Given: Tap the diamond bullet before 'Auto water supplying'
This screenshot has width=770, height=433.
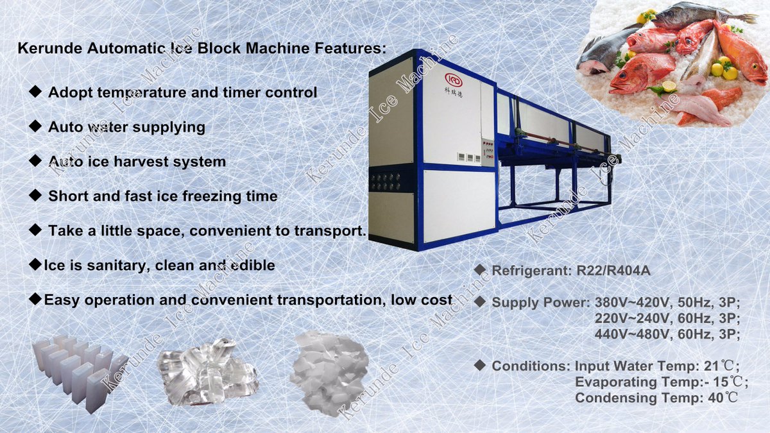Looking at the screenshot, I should point(36,126).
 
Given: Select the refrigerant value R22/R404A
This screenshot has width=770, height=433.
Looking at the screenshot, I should point(610,271).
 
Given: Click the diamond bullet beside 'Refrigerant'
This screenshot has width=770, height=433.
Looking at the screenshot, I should point(479,270).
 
